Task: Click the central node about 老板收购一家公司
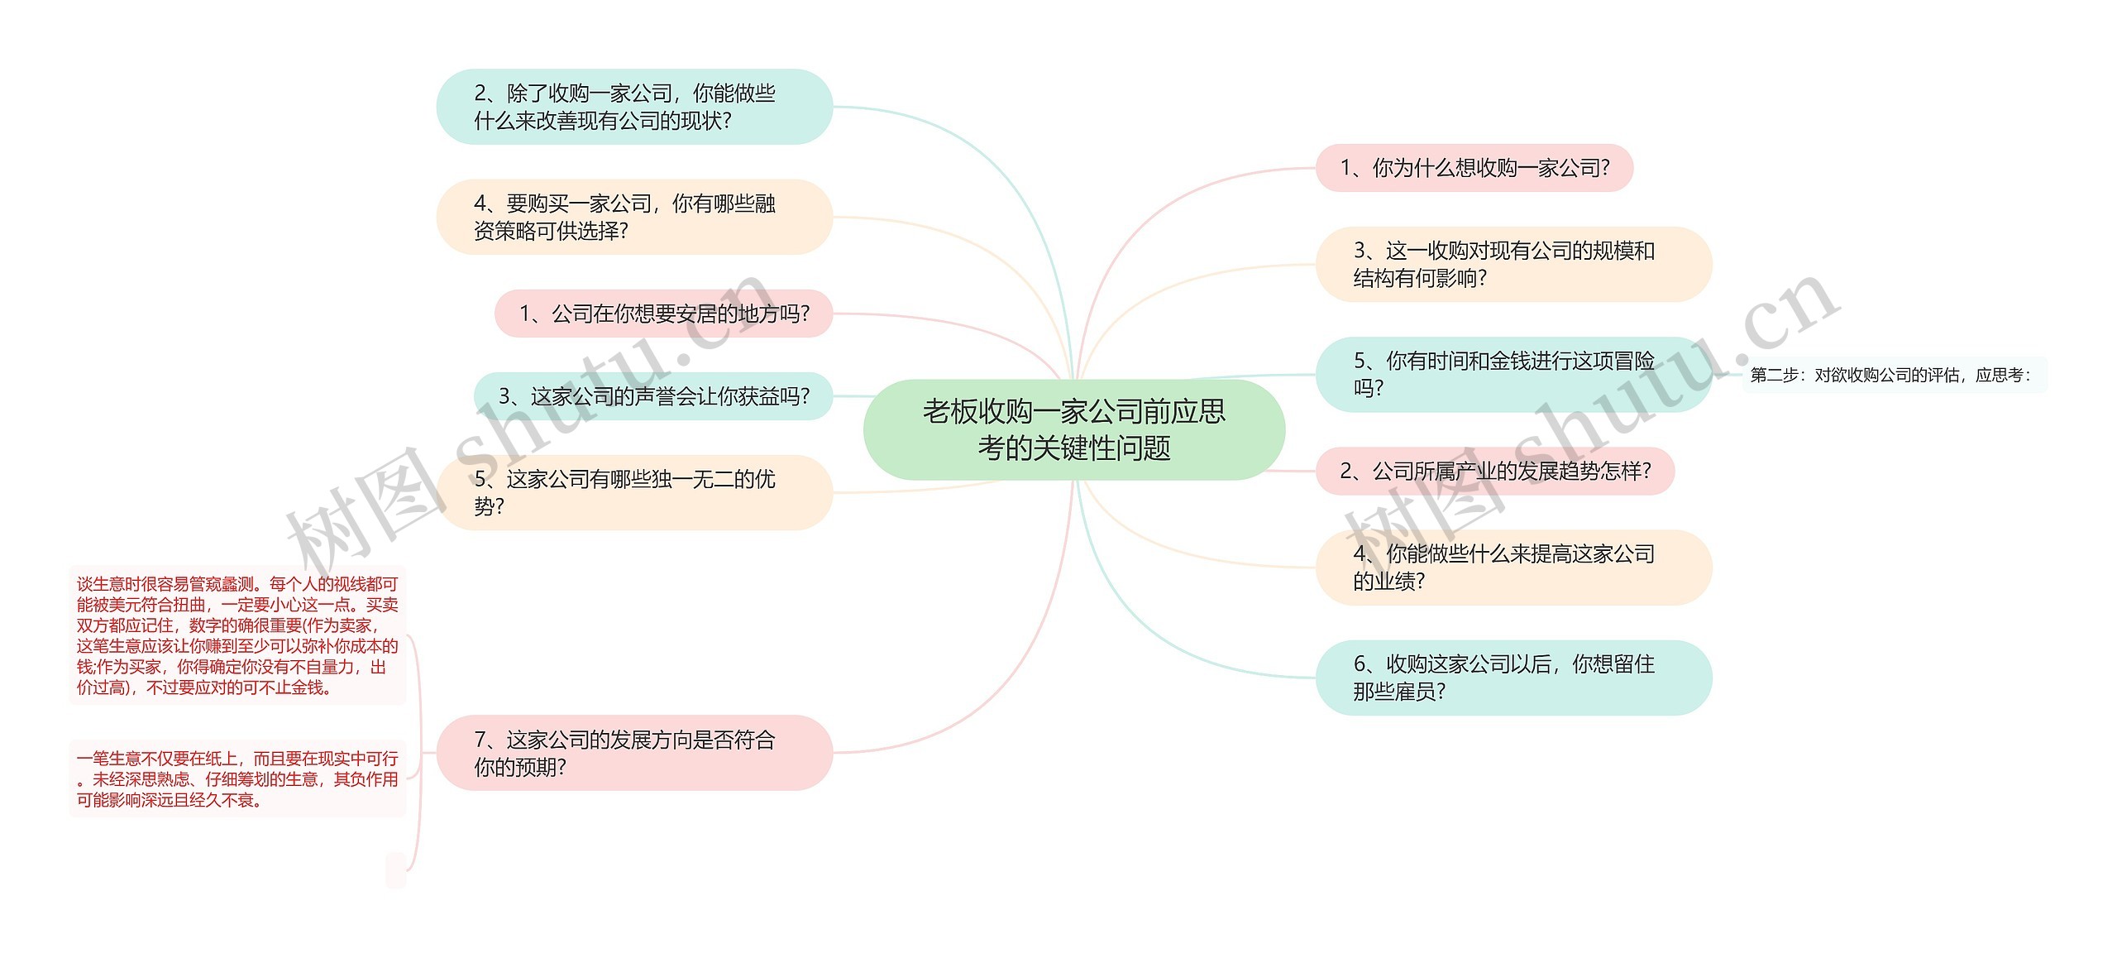click(x=1073, y=429)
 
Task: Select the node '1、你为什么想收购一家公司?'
click(x=1474, y=168)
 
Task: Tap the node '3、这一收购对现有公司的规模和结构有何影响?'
click(x=1512, y=264)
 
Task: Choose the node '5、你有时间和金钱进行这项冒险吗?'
click(x=1512, y=374)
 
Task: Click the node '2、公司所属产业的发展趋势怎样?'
click(x=1494, y=471)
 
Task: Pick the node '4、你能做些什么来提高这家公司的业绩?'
click(x=1512, y=567)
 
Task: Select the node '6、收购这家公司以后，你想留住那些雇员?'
click(x=1512, y=677)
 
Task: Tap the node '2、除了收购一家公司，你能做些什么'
click(x=633, y=107)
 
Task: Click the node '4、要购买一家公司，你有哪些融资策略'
click(x=633, y=217)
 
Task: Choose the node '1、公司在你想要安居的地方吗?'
click(x=663, y=314)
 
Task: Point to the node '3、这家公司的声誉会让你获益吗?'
click(x=653, y=396)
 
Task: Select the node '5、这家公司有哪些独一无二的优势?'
click(x=633, y=492)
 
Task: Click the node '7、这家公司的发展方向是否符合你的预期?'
click(x=633, y=753)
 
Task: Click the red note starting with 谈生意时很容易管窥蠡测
click(x=237, y=635)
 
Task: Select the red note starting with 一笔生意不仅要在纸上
click(x=237, y=778)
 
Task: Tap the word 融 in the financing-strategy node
click(x=765, y=204)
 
